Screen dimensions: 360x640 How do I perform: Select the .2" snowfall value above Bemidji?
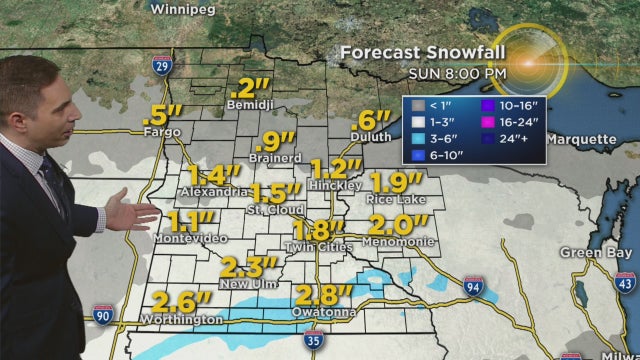(x=247, y=87)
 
